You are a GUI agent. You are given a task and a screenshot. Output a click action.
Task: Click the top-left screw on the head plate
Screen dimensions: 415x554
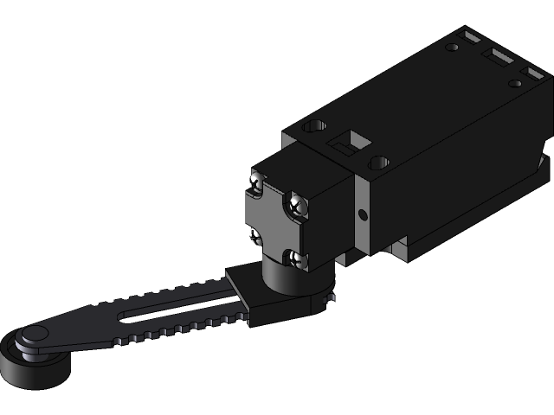click(x=256, y=182)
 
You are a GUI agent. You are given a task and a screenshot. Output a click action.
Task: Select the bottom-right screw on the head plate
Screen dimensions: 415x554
click(x=298, y=259)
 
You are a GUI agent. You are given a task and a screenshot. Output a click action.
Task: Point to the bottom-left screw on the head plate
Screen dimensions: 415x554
click(x=255, y=235)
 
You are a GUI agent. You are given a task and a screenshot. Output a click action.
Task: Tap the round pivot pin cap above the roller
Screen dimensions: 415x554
click(x=35, y=335)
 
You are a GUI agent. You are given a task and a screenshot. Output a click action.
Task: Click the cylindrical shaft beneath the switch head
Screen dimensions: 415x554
click(x=280, y=278)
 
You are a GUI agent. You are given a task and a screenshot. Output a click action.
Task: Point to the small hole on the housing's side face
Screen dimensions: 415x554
click(x=363, y=213)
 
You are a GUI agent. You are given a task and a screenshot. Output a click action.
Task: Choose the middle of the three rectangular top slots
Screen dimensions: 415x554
click(x=499, y=58)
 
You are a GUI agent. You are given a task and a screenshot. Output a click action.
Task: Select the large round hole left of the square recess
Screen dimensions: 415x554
click(x=314, y=126)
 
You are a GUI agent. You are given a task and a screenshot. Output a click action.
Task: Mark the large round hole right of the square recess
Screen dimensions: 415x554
click(x=379, y=162)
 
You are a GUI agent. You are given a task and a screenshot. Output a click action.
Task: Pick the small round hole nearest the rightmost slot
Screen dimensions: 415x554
click(x=515, y=83)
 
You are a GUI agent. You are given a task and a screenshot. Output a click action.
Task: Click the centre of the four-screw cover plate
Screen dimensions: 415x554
click(x=275, y=220)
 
